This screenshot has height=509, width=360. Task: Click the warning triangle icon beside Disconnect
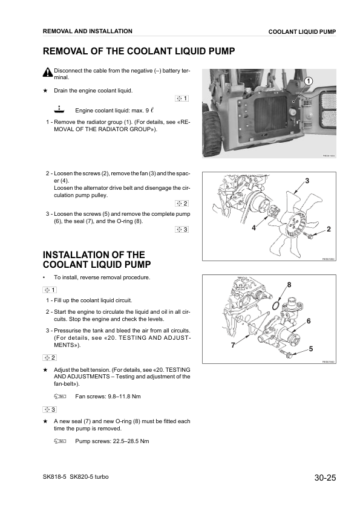click(x=48, y=73)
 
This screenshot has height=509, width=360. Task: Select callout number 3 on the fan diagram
click(x=307, y=181)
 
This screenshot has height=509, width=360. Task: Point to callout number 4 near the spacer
click(x=254, y=228)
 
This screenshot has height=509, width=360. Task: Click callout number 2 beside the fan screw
click(x=329, y=229)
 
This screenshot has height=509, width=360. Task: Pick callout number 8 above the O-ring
click(x=289, y=284)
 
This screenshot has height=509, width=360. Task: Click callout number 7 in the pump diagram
click(x=233, y=346)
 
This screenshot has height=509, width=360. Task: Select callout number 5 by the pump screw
click(x=311, y=349)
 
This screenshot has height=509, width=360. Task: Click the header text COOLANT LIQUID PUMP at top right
click(x=302, y=31)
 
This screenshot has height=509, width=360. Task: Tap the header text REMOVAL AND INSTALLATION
click(x=88, y=31)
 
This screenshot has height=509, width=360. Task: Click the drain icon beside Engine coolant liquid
click(x=58, y=109)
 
